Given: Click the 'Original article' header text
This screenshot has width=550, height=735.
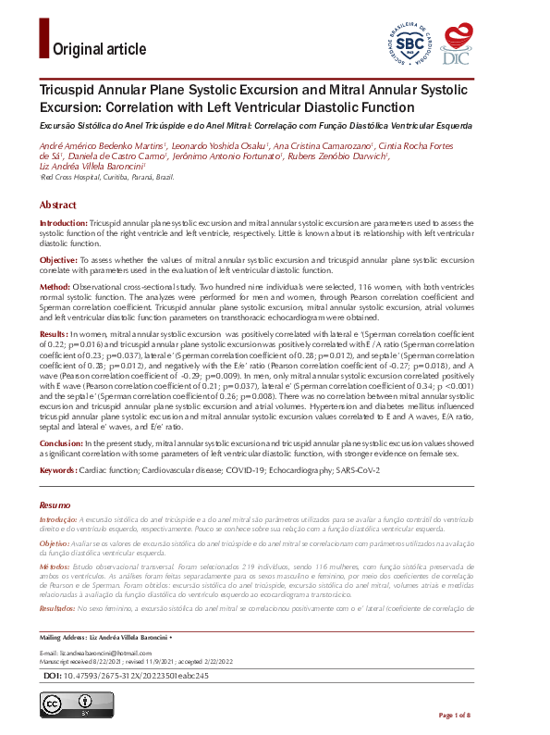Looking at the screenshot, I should click(x=100, y=49).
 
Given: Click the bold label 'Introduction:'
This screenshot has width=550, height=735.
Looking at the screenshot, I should click(x=63, y=225).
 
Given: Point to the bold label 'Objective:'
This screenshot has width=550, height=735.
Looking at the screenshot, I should click(x=58, y=262).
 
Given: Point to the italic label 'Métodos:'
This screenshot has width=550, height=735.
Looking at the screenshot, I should click(x=56, y=564).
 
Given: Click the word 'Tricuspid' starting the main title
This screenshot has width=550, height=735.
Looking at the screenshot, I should click(x=68, y=92).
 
